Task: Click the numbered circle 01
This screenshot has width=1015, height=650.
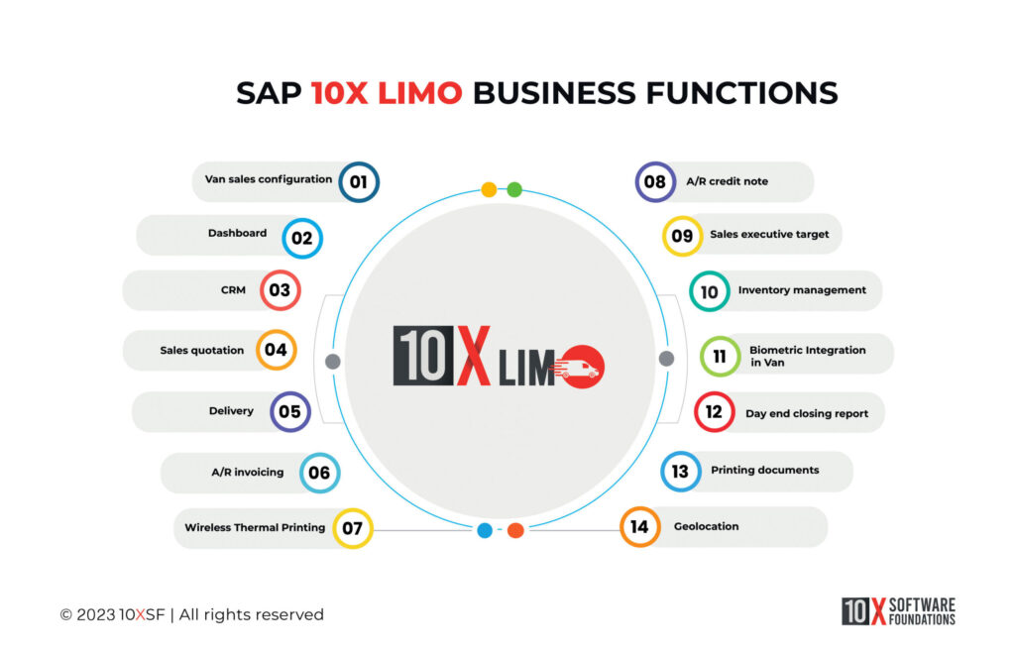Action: click(x=358, y=181)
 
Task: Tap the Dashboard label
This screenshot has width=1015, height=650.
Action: click(x=237, y=234)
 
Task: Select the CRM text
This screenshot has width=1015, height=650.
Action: click(x=234, y=290)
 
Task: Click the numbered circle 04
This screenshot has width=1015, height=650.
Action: click(x=276, y=350)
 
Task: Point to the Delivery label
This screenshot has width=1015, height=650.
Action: click(x=231, y=411)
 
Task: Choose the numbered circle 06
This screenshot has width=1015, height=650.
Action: click(x=319, y=473)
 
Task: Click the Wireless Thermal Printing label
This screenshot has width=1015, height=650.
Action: click(x=255, y=528)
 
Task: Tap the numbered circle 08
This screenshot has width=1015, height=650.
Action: click(x=655, y=181)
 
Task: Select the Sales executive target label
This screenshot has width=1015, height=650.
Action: click(x=769, y=236)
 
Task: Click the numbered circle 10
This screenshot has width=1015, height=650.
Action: click(x=710, y=291)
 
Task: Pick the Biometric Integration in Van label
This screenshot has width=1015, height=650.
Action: click(x=807, y=356)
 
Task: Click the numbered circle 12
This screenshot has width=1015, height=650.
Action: click(x=714, y=412)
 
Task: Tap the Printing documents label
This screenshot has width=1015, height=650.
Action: click(x=764, y=470)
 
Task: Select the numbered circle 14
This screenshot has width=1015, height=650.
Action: click(x=639, y=526)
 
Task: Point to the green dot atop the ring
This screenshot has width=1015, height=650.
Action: click(x=514, y=189)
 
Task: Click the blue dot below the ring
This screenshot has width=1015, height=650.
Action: click(x=485, y=530)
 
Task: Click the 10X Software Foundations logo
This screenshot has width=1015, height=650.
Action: click(x=898, y=611)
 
